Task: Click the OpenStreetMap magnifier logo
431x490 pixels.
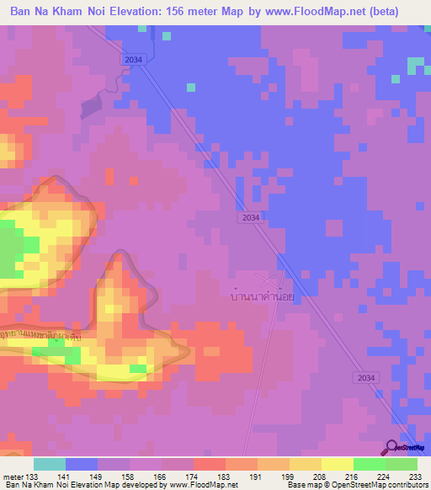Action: tap(392, 447)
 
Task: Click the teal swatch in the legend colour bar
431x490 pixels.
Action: tap(50, 464)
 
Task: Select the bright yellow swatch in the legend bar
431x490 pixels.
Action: tap(338, 464)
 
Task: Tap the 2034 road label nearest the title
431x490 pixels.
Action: tap(133, 59)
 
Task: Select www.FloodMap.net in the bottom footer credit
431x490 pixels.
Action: tap(203, 485)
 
